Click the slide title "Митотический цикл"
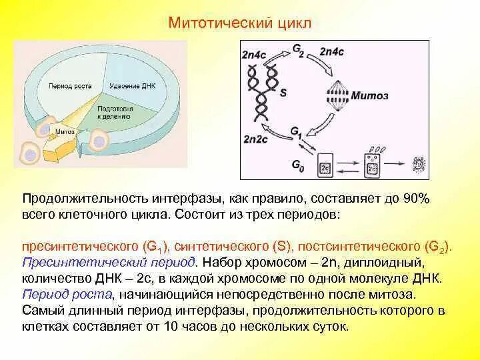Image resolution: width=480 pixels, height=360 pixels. pos(239,23)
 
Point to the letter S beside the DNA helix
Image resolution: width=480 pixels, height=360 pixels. pos(283,94)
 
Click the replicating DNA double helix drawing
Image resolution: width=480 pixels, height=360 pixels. pos(262,93)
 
